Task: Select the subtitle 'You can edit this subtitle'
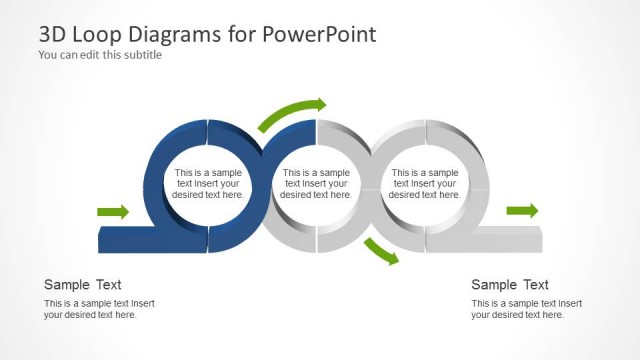point(100,55)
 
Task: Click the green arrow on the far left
point(113,211)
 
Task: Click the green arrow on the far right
point(522,210)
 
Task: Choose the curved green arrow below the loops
point(380,253)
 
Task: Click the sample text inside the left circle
point(208,184)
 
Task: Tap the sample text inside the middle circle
point(317,184)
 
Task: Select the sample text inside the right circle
point(425,184)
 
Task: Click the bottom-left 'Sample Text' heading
point(83,285)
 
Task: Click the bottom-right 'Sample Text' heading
point(510,285)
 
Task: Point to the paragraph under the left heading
point(99,309)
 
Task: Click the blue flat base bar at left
point(125,240)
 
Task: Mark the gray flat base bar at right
point(510,240)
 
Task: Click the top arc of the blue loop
point(208,131)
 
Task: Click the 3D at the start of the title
point(54,34)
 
